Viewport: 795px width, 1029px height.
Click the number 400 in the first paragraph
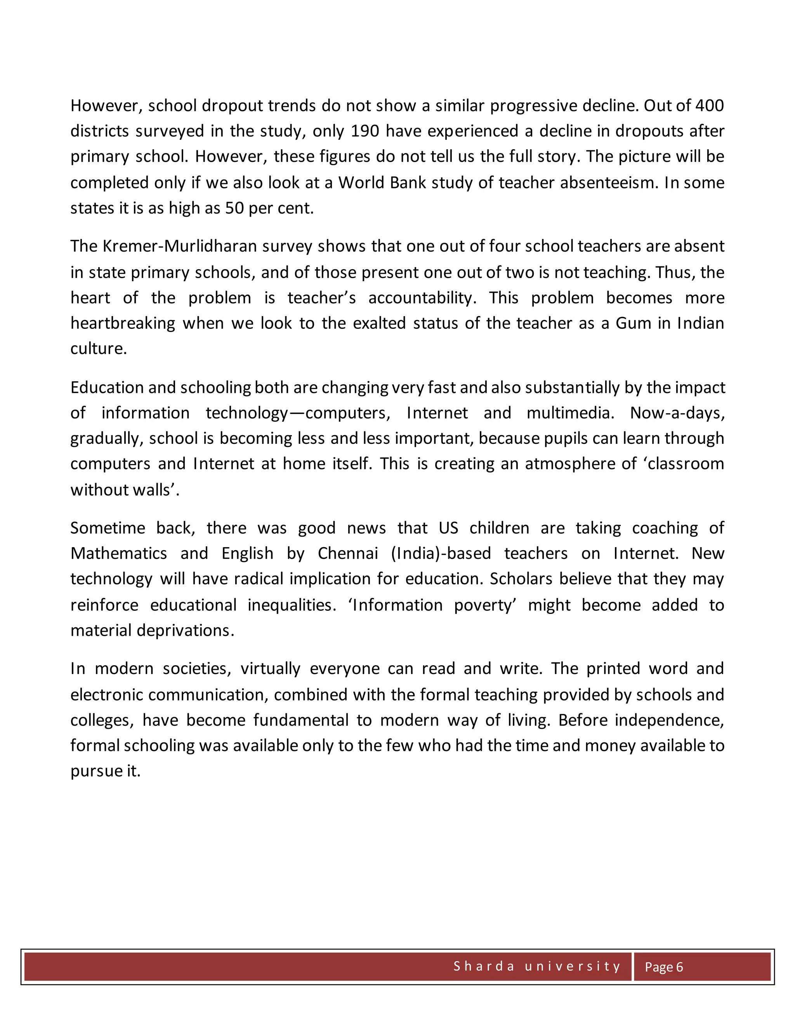tap(709, 106)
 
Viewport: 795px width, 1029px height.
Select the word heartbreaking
tap(122, 323)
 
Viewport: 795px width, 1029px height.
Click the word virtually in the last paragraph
tap(270, 669)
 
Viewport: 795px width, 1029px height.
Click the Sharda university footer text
tap(537, 966)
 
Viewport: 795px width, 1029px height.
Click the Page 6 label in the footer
tap(663, 967)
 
